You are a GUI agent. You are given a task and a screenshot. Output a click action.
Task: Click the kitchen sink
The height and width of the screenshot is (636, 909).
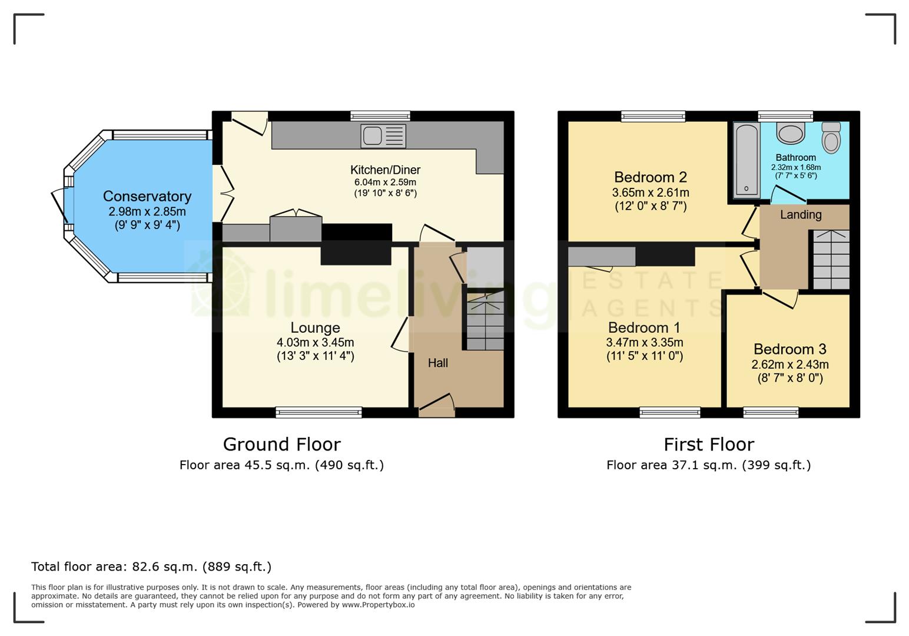tap(383, 136)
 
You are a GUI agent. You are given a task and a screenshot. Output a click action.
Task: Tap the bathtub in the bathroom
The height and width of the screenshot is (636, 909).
tap(747, 160)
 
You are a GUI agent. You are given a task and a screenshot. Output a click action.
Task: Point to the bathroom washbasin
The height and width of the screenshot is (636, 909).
tap(790, 133)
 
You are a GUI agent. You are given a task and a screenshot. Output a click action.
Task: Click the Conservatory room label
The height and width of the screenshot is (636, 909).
tap(147, 196)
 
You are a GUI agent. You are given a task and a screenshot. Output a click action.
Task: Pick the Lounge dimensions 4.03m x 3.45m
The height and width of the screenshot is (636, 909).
tap(315, 342)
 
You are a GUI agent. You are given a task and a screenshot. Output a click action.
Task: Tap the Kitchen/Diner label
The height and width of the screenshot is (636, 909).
tap(385, 170)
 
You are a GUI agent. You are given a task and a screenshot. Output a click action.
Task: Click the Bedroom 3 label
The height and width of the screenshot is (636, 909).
tap(789, 349)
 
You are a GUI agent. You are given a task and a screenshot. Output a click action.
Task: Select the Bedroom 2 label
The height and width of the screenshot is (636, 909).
tap(650, 177)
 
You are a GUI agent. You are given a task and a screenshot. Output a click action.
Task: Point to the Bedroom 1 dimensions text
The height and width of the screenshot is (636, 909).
tap(644, 343)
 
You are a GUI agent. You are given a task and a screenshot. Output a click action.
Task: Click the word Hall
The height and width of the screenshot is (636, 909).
tap(437, 363)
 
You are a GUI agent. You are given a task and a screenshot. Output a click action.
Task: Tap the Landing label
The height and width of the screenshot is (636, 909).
tap(800, 215)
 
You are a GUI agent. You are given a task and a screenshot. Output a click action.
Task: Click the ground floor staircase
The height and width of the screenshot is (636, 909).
tap(485, 321)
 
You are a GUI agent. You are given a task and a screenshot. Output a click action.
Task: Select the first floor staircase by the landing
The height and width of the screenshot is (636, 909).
tap(831, 260)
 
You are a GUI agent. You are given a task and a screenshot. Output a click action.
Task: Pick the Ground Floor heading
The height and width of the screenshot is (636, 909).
tap(281, 444)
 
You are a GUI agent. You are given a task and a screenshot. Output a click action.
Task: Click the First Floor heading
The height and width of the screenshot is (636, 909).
tap(708, 444)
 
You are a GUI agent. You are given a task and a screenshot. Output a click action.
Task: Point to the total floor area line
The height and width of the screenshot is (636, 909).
tap(151, 567)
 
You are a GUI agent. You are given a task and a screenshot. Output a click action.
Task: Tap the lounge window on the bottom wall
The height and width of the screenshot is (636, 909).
tap(319, 412)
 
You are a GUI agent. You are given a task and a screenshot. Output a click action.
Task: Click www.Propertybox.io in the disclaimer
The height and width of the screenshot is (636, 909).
tap(378, 605)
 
